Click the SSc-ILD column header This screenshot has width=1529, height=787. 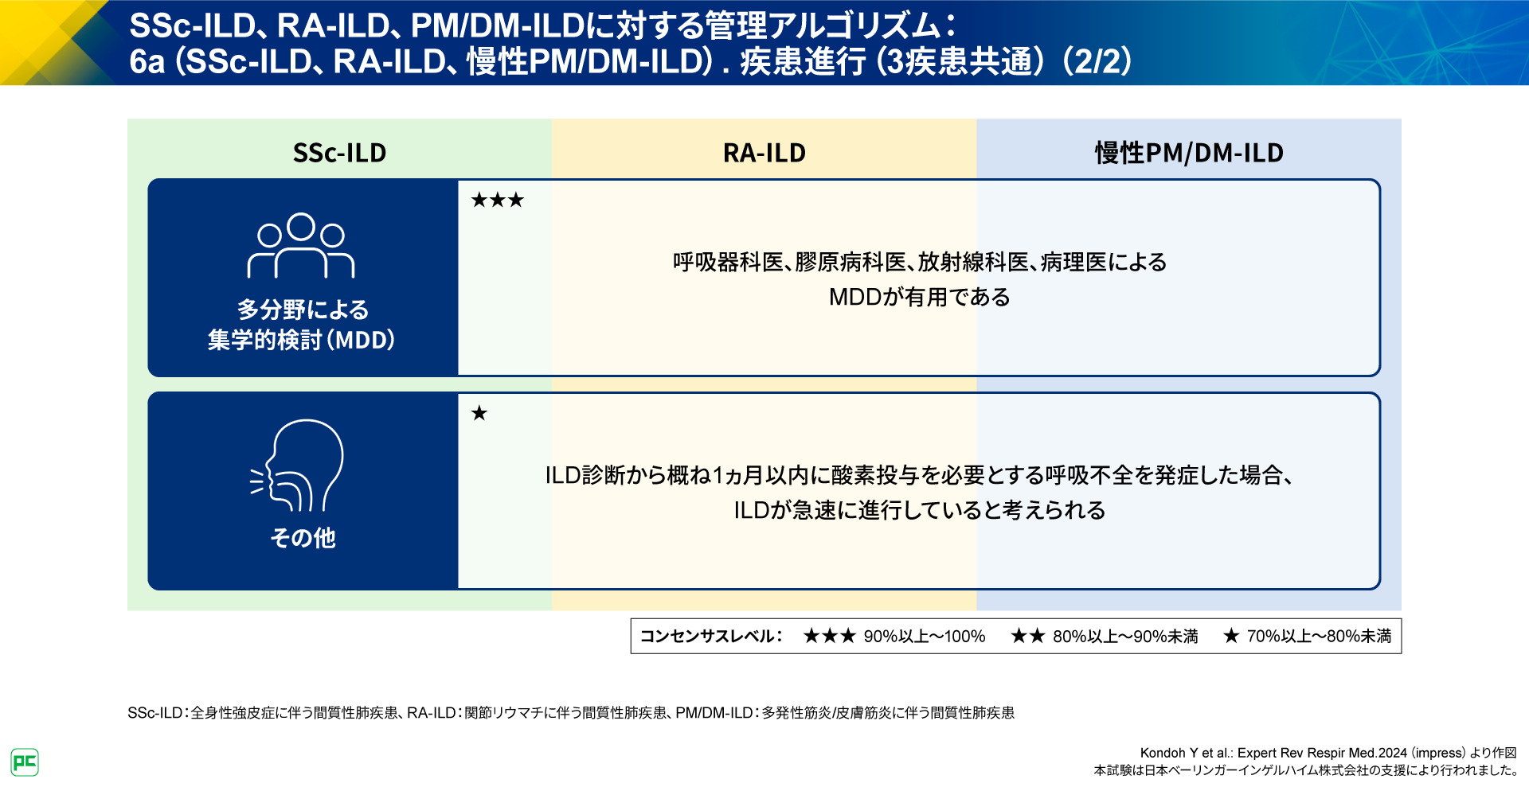pos(339,152)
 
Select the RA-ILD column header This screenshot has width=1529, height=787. pos(764,152)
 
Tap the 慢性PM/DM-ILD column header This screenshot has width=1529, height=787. pos(1188,152)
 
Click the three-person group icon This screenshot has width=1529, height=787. pos(301,246)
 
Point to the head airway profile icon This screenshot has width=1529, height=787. pos(298,466)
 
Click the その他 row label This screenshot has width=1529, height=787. pos(303,538)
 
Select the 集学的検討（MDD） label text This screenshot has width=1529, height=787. pos(301,341)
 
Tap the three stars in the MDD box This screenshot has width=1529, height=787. pos(497,200)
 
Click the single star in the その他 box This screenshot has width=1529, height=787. pos(479,413)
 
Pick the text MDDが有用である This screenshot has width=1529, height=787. pos(919,297)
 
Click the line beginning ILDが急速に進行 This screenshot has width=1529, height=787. pos(919,510)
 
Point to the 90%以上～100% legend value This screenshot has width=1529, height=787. pos(924,637)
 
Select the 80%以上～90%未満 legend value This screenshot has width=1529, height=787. pos(1124,637)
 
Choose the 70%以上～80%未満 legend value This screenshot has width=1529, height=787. pos(1319,637)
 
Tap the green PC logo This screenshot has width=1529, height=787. pos(25,762)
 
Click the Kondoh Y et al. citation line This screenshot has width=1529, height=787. pos(1328,753)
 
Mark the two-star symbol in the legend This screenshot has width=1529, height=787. pos(1027,637)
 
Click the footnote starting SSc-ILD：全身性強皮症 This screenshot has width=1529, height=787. pos(570,713)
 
